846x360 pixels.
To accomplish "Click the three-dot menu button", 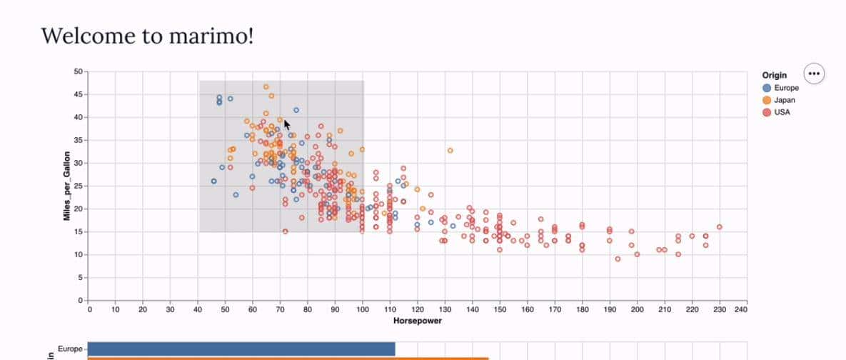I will [814, 73].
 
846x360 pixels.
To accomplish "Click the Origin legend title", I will [775, 75].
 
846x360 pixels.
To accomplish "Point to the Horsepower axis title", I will [418, 321].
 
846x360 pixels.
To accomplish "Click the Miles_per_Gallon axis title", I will [67, 186].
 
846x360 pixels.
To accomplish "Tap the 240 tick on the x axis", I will [741, 309].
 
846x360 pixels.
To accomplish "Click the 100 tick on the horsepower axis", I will [363, 309].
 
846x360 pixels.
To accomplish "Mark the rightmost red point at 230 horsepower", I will [719, 227].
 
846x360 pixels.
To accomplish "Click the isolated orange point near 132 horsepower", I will [450, 151].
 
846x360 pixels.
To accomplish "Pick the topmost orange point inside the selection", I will [266, 87].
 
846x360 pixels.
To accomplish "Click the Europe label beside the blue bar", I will [70, 349].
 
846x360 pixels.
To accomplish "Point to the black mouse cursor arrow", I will [286, 124].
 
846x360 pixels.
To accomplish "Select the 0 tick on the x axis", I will [89, 309].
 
